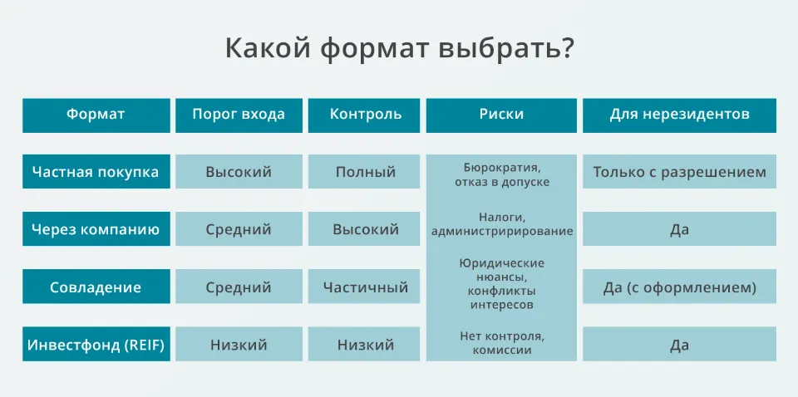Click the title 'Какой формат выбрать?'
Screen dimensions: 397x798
[x=399, y=48]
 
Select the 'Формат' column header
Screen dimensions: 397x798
[x=96, y=115]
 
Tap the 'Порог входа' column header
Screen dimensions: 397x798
[x=239, y=115]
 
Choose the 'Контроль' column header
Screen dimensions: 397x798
[x=366, y=115]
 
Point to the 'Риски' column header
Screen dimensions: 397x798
[x=501, y=115]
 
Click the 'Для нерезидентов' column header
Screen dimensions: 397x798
[x=679, y=115]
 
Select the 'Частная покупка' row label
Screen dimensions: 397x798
[x=96, y=172]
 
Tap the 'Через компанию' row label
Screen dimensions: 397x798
[x=96, y=229]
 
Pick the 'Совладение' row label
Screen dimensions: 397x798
[x=96, y=287]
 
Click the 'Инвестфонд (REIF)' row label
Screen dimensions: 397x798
[x=96, y=345]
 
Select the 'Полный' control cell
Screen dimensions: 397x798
[x=366, y=172]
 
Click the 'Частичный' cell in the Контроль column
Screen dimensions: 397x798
[x=366, y=287]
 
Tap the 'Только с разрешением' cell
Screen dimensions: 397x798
[x=679, y=172]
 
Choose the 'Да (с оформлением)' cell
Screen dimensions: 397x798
[x=679, y=287]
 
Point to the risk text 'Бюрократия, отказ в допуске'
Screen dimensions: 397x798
[x=501, y=174]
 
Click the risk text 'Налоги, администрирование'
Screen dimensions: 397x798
[x=501, y=224]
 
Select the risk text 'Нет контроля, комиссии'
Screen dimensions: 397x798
[x=501, y=343]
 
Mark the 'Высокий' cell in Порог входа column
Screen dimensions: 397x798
[x=239, y=172]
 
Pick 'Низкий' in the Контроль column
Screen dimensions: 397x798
[x=366, y=345]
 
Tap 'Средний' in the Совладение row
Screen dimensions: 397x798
[x=239, y=287]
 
